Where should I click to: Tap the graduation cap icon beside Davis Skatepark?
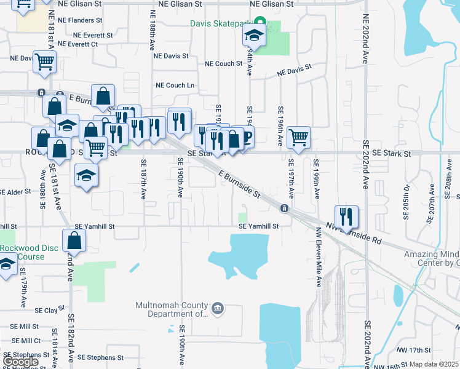[252, 36]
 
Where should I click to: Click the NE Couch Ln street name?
[175, 85]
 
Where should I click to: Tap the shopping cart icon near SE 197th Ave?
[298, 137]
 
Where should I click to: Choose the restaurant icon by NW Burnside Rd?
[346, 216]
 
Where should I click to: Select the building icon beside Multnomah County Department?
[217, 308]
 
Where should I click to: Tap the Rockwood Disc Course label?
[23, 252]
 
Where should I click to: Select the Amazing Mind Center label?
[431, 259]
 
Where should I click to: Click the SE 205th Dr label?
[406, 201]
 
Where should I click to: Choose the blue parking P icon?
[247, 137]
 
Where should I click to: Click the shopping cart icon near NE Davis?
[45, 61]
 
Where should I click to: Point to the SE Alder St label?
[15, 192]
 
